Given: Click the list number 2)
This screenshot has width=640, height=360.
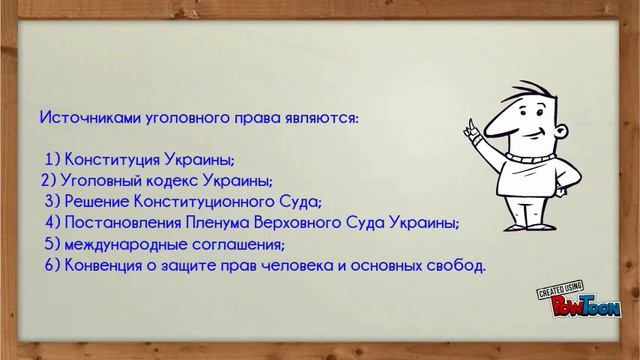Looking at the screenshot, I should coord(50,181).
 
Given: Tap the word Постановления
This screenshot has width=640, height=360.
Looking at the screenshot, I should coord(130,223).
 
